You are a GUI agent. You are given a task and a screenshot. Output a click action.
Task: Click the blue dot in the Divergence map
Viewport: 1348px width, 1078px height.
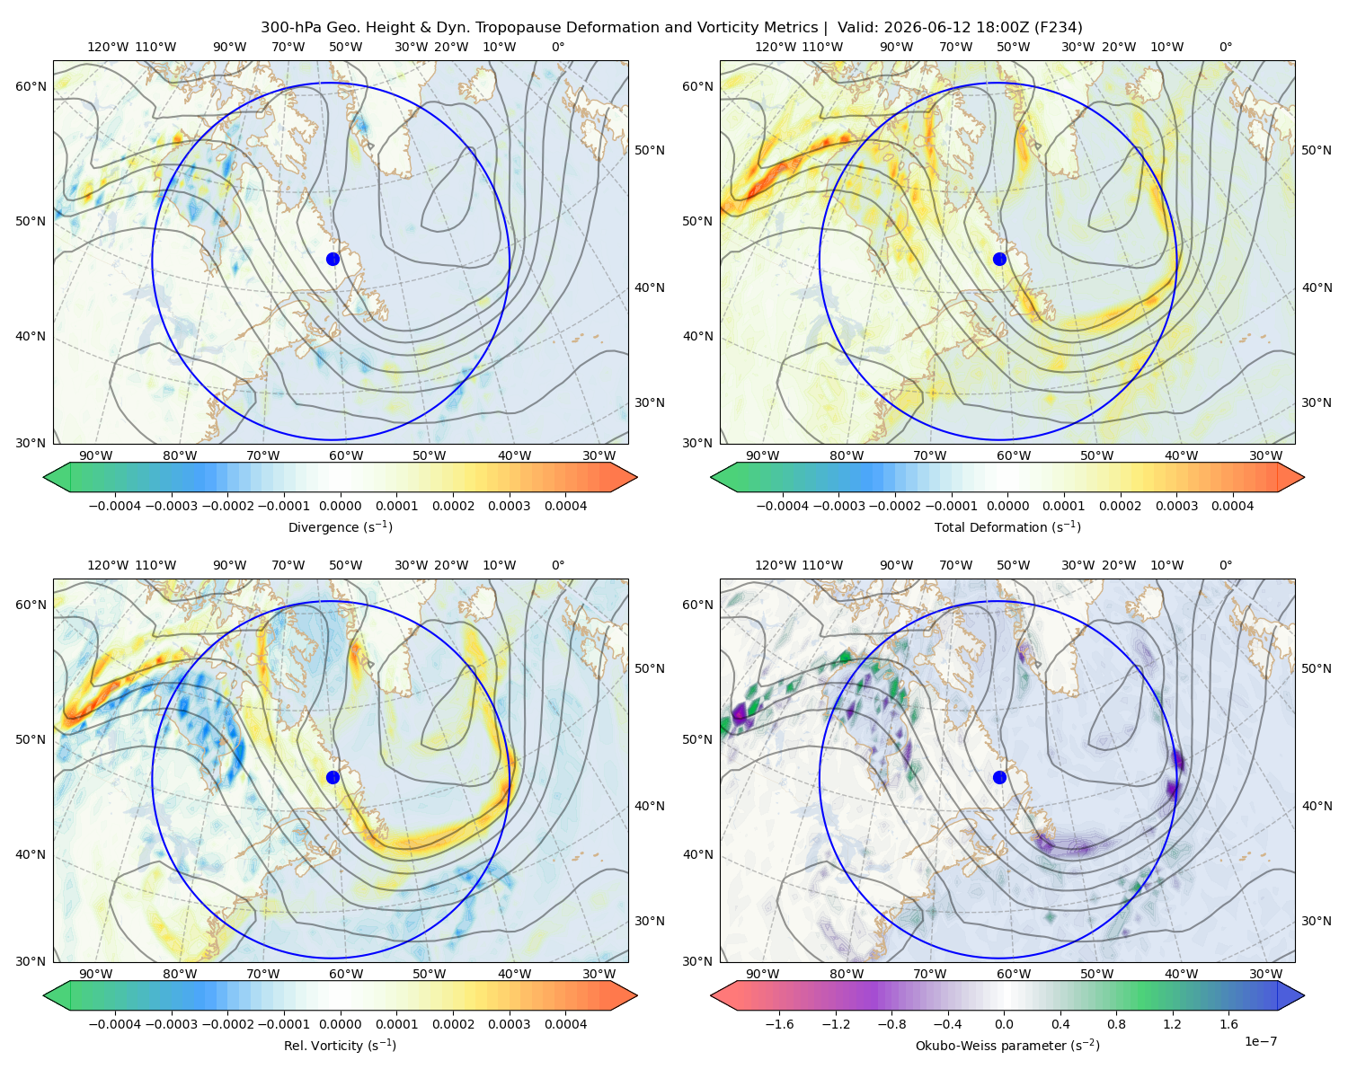tap(333, 260)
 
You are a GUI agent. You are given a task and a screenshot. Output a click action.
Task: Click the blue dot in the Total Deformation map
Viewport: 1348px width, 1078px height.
tap(999, 260)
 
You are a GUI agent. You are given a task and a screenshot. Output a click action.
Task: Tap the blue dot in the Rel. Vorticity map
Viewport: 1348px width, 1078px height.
tap(333, 777)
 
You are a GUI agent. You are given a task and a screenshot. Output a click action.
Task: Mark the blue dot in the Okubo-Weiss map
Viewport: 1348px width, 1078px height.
tap(999, 777)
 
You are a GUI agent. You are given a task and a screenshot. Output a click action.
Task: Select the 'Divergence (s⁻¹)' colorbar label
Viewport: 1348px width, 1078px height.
tap(340, 527)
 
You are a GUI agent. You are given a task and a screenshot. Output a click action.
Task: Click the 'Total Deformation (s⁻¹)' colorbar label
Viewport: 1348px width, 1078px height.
tap(1007, 527)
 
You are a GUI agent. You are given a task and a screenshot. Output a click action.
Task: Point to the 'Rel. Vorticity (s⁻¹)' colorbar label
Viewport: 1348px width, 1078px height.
tap(340, 1046)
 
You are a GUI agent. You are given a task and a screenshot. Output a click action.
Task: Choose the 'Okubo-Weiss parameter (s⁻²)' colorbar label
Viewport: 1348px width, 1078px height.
tap(1007, 1046)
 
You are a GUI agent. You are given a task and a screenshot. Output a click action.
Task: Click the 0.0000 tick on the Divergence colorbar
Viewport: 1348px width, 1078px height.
tap(340, 506)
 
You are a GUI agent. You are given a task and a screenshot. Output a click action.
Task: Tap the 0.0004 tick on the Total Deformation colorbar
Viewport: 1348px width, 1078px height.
tap(1233, 506)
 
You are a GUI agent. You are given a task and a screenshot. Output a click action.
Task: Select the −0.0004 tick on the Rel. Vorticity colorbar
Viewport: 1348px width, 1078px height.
tap(115, 1024)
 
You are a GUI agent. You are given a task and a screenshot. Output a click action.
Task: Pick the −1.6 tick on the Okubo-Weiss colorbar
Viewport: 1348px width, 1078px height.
tap(780, 1024)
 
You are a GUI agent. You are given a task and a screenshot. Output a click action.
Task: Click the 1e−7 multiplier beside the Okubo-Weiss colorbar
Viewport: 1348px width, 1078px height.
tap(1260, 1041)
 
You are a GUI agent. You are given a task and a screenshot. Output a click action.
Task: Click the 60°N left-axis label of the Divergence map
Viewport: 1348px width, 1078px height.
tap(31, 86)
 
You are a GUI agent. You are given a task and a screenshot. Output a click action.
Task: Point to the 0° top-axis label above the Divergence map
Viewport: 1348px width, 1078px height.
tap(558, 47)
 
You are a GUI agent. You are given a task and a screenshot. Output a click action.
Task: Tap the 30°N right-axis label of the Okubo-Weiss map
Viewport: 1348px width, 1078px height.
tap(1317, 921)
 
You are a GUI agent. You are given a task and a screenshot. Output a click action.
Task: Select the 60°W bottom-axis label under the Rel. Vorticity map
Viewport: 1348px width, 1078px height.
tap(346, 974)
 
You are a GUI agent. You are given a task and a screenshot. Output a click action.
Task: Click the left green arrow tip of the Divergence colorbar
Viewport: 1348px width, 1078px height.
tap(44, 477)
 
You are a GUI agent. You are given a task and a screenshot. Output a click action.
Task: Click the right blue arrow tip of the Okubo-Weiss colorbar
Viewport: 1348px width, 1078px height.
tap(1304, 995)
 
